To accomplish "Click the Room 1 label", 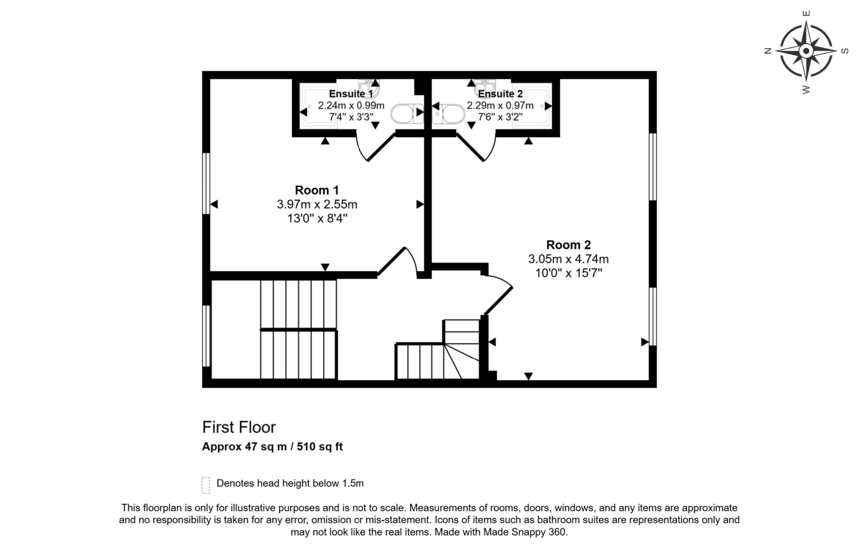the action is pos(317,190).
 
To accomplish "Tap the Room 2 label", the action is pos(568,245).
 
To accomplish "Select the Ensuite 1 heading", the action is pos(351,94).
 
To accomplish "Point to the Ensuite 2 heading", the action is pos(500,94).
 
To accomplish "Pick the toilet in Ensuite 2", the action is pos(448,114).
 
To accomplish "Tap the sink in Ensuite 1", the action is pos(369,88).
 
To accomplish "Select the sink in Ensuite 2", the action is pos(485,88).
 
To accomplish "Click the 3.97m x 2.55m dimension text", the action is pos(317,204).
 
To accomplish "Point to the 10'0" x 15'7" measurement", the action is pos(569,273).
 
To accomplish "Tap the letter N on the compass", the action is pos(768,51).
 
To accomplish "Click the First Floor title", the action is pos(239,427).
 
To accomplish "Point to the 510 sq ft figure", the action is pos(320,447).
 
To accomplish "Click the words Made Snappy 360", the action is pos(525,532).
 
